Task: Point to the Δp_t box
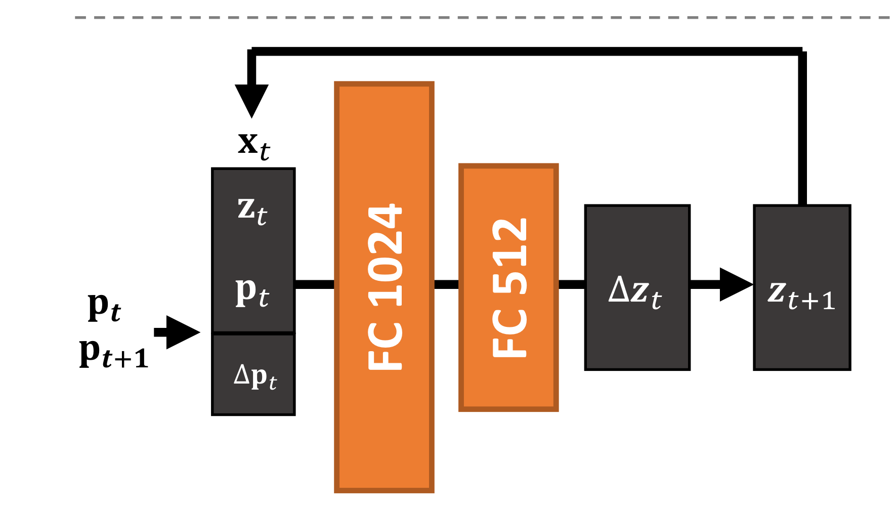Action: [253, 375]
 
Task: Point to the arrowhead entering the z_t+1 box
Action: [735, 284]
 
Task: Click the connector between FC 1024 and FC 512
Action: [446, 284]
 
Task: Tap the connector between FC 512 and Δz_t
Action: [572, 284]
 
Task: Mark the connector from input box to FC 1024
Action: [314, 284]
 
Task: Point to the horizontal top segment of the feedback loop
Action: [526, 51]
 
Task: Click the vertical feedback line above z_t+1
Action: [802, 126]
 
